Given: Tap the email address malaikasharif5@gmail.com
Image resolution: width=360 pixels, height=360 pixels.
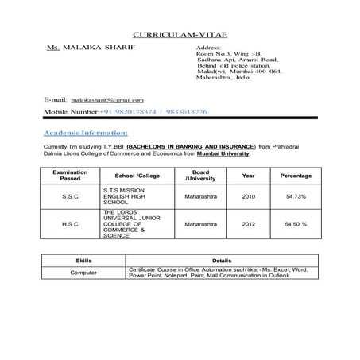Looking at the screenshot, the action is (107, 101).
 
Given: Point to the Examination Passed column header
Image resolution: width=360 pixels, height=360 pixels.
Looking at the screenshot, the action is (70, 175).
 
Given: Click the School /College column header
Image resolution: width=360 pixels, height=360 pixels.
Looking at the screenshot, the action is (137, 175).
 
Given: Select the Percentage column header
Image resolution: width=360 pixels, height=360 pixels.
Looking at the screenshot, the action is (296, 175).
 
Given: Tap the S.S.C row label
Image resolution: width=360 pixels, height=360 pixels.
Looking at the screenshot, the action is (70, 196).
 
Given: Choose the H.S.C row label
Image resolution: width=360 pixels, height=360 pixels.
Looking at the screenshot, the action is (70, 224).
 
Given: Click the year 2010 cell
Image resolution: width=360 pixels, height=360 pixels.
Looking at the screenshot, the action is (248, 196).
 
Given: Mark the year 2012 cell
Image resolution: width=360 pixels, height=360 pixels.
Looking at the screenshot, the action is (248, 224).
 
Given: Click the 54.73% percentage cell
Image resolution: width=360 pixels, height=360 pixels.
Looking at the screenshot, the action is (296, 196).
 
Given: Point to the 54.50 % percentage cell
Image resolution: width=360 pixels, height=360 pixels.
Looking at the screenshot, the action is (296, 224).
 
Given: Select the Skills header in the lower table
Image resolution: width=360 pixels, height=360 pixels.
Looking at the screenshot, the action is (83, 260).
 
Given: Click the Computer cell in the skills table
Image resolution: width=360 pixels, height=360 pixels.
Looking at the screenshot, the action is (83, 272).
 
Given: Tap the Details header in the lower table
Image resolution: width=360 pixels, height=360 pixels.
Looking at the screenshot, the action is (223, 260).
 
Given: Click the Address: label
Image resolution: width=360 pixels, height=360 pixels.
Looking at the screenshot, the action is (208, 48).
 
